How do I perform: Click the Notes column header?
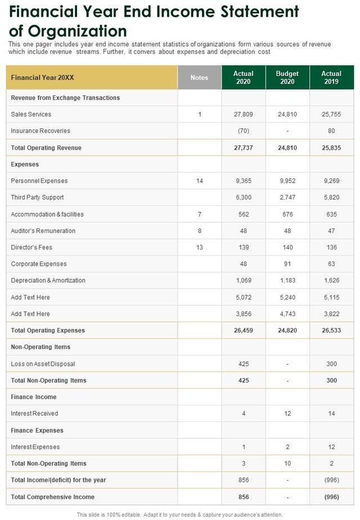click(199, 78)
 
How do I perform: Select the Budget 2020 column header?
click(287, 78)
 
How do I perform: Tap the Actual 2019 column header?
click(331, 78)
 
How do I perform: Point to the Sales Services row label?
click(31, 114)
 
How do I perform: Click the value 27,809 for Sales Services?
click(244, 114)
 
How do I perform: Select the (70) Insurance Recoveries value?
click(244, 131)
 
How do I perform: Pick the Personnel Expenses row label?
click(39, 181)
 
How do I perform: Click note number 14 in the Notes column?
click(199, 181)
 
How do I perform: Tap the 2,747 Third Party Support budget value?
click(287, 198)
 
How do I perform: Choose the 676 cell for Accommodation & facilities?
click(287, 214)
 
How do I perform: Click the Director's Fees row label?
click(31, 248)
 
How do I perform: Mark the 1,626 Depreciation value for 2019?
click(331, 281)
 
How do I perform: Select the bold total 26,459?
click(244, 330)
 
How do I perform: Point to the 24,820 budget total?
click(287, 330)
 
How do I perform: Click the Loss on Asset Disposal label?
click(43, 364)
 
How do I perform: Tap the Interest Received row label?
click(34, 414)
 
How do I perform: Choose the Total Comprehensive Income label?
click(53, 497)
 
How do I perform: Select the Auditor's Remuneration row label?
click(43, 231)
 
